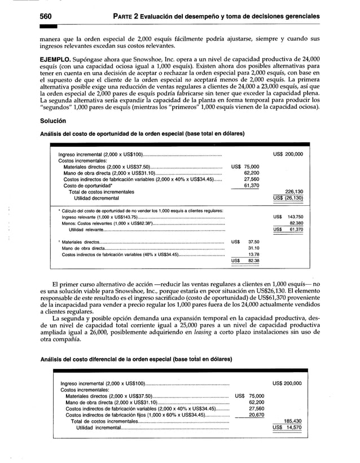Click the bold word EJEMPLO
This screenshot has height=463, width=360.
pyautogui.click(x=59, y=58)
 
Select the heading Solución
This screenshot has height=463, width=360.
pyautogui.click(x=52, y=121)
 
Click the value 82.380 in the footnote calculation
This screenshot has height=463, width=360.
pyautogui.click(x=294, y=223)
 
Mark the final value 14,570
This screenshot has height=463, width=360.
pyautogui.click(x=293, y=427)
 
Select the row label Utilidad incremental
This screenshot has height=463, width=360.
pyautogui.click(x=98, y=427)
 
